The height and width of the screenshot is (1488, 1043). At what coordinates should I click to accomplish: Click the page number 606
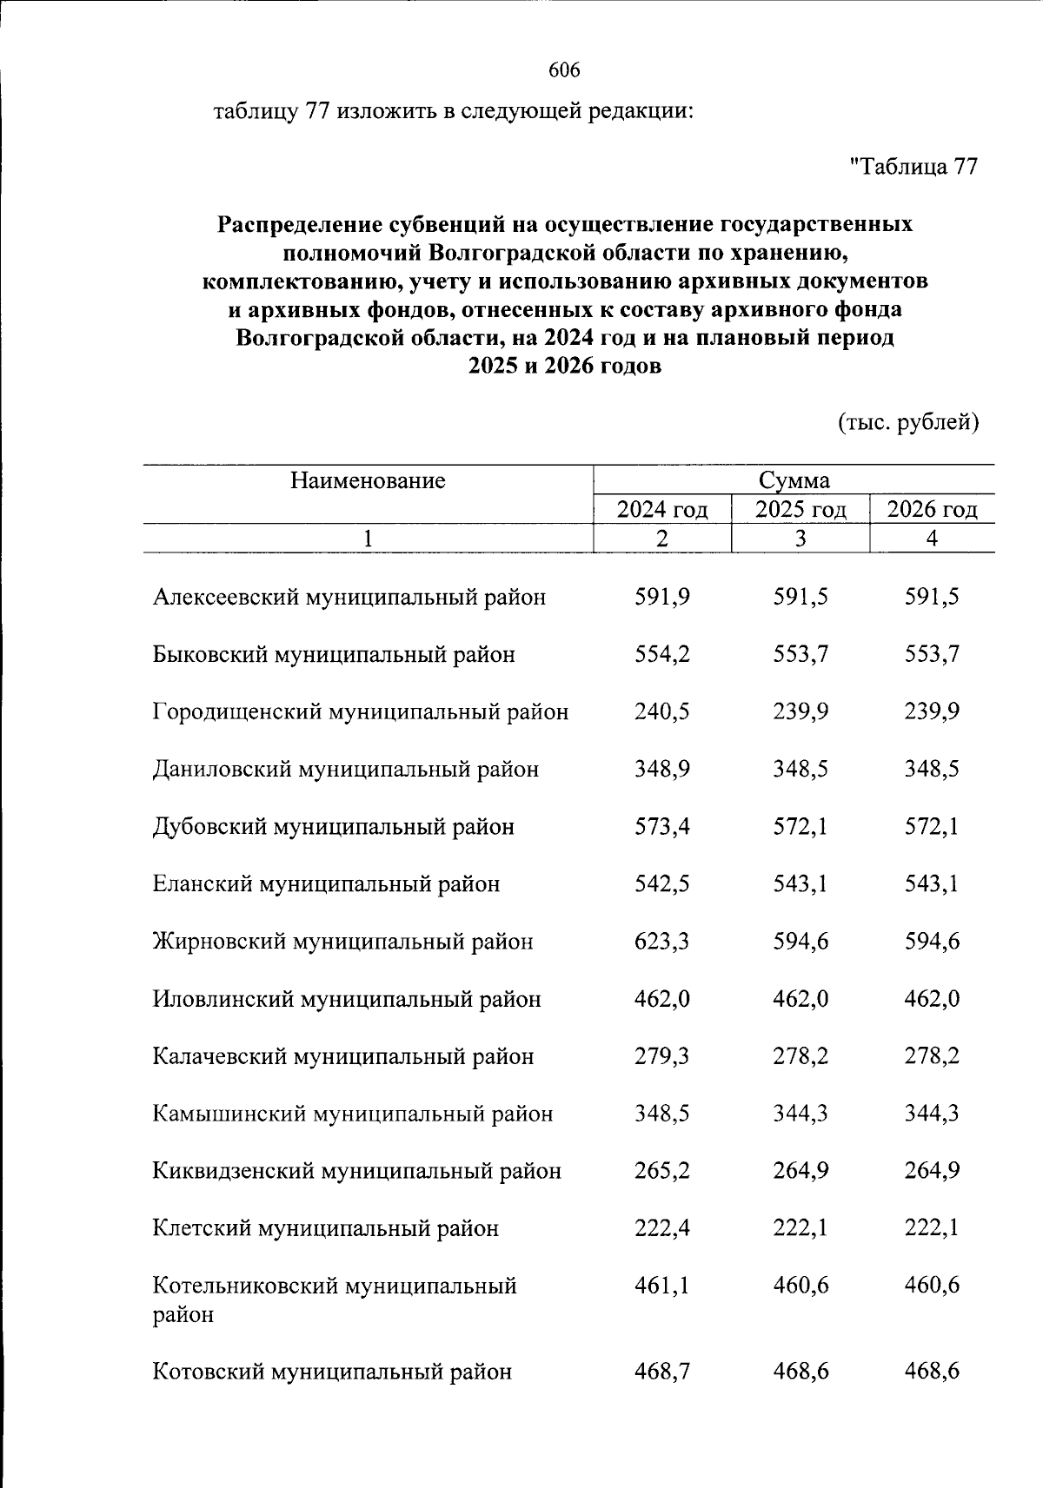564,70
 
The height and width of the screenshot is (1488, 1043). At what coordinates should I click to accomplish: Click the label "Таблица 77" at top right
913,166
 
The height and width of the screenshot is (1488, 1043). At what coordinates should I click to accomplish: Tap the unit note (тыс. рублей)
908,422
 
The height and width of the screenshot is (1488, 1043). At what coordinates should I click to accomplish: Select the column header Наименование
368,480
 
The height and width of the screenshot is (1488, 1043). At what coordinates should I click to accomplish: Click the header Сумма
794,480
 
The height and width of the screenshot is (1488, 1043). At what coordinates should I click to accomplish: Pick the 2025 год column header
801,509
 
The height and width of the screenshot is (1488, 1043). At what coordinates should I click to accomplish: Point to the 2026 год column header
932,509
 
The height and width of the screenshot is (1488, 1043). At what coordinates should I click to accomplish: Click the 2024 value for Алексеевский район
662,598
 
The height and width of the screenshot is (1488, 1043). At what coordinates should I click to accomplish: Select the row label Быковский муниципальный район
334,655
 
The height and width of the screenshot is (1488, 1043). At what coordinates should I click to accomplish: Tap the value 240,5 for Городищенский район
662,712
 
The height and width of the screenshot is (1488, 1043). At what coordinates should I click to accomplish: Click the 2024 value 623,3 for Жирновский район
662,942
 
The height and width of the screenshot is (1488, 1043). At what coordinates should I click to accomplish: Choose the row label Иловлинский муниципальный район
347,999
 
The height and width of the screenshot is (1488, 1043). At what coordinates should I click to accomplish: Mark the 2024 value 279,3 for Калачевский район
662,1056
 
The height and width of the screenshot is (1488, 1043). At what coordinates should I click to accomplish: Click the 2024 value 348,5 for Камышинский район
662,1114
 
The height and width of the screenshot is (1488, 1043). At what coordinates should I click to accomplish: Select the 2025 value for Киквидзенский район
801,1171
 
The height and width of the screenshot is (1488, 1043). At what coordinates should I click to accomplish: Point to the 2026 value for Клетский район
932,1228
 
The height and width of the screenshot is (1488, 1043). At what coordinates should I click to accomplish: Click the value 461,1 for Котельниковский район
662,1286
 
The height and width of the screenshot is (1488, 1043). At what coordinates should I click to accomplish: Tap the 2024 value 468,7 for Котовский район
662,1372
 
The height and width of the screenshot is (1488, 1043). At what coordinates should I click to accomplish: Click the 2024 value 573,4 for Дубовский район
662,827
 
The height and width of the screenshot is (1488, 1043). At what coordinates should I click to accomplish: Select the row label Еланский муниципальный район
326,884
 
